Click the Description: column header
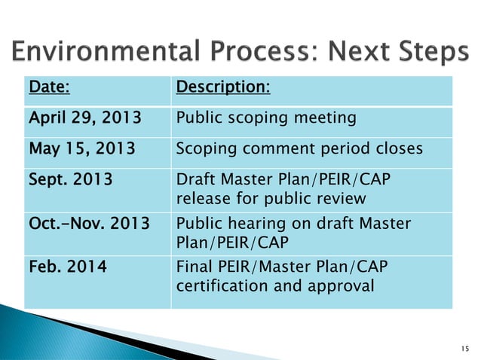223,89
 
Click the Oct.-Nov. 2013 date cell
84,224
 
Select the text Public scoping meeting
265,119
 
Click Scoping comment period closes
299,149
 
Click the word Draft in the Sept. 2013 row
195,182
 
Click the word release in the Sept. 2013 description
201,199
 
